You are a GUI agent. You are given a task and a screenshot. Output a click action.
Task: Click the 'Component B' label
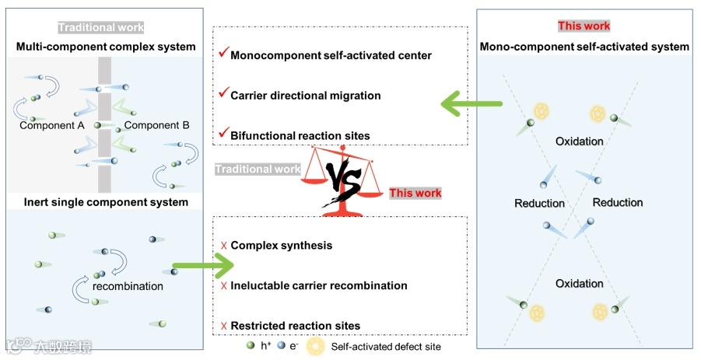pyautogui.click(x=152, y=125)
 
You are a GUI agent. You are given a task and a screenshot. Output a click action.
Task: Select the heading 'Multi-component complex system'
pyautogui.click(x=106, y=47)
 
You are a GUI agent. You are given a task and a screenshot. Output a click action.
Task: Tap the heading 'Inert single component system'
pyautogui.click(x=102, y=202)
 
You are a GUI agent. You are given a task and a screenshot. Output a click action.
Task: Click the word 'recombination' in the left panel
pyautogui.click(x=128, y=286)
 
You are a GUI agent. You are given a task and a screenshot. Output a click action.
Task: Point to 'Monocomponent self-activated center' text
pyautogui.click(x=331, y=55)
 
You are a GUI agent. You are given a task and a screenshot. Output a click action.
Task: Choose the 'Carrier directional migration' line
pyautogui.click(x=306, y=96)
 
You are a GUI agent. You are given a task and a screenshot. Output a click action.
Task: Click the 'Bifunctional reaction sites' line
pyautogui.click(x=300, y=135)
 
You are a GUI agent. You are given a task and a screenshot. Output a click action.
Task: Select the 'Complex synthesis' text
pyautogui.click(x=282, y=246)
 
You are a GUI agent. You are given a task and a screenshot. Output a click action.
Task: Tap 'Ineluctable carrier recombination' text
pyautogui.click(x=319, y=285)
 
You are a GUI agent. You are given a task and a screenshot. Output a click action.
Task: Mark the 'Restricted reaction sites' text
pyautogui.click(x=296, y=325)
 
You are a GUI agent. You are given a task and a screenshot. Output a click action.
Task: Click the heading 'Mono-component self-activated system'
pyautogui.click(x=584, y=47)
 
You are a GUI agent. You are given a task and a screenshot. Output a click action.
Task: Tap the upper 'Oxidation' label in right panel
pyautogui.click(x=580, y=142)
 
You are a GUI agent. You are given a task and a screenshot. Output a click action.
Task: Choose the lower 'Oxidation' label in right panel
pyautogui.click(x=580, y=284)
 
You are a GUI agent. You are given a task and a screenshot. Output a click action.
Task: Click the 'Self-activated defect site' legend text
pyautogui.click(x=386, y=347)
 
